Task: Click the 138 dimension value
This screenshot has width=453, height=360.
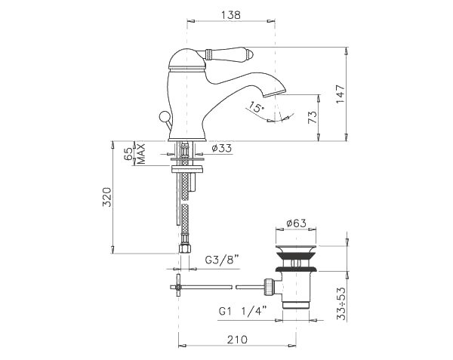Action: coord(231,15)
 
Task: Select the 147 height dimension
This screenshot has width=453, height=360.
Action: coord(341,94)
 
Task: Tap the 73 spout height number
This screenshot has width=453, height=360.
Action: coord(313,118)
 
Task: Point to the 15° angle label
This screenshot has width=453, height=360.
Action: coord(257,107)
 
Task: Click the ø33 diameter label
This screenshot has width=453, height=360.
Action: coord(221,149)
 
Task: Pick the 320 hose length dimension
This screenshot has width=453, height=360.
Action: coord(107,197)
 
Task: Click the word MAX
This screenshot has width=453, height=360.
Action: coord(140,153)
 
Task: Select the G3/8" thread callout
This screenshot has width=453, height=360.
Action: coord(223,260)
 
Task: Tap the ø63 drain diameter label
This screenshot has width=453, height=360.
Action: coord(296,223)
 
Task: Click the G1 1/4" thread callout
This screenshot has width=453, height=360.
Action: coord(242,312)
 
